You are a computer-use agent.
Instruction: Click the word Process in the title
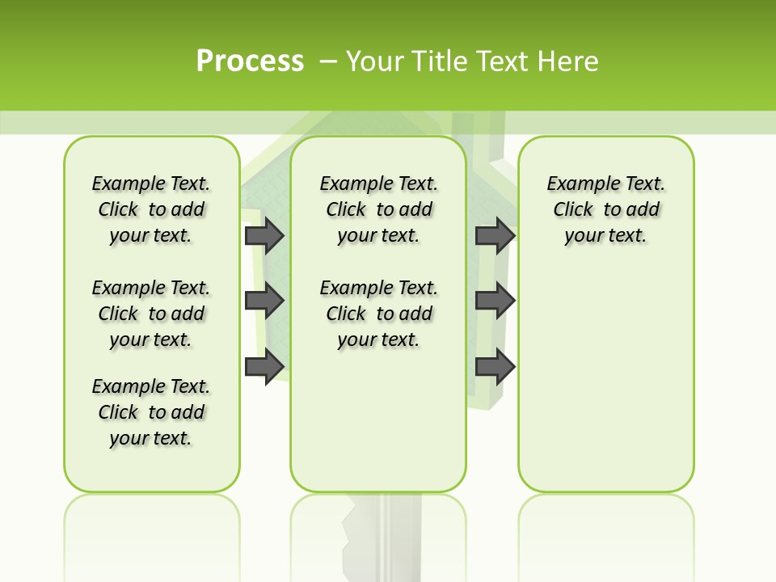[x=250, y=61]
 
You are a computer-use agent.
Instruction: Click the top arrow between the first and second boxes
[x=264, y=235]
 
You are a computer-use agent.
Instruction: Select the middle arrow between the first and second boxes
[x=264, y=301]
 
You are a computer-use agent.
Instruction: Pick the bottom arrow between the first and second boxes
[x=264, y=367]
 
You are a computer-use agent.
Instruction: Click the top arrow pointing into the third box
[x=495, y=235]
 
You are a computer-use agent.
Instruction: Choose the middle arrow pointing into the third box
[x=495, y=301]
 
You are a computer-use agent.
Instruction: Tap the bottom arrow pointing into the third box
[x=495, y=367]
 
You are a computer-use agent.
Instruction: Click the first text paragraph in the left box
[x=151, y=209]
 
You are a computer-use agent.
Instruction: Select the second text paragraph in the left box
[x=151, y=314]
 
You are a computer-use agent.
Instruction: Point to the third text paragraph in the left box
[x=151, y=412]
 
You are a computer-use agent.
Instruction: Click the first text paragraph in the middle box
[x=378, y=209]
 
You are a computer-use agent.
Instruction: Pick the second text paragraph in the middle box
[x=378, y=314]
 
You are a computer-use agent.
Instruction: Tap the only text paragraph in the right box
[x=605, y=209]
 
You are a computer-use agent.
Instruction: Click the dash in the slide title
[x=329, y=61]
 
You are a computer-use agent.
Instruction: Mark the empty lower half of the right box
[x=605, y=388]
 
